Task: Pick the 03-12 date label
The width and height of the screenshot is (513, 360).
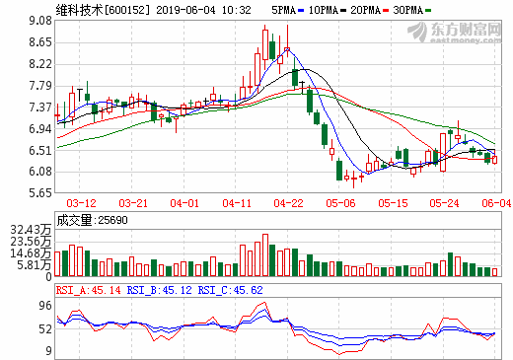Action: click(x=80, y=203)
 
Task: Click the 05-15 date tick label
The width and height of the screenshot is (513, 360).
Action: click(x=394, y=203)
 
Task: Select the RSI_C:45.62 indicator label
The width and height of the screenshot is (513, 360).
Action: click(x=231, y=290)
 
